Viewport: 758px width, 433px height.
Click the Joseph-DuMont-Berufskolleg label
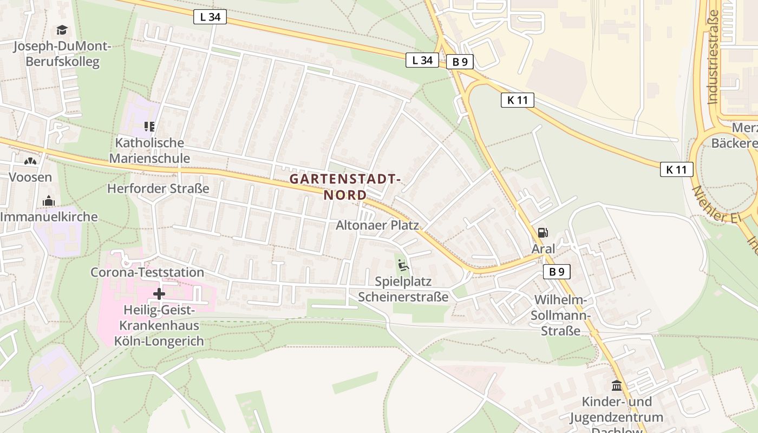62,54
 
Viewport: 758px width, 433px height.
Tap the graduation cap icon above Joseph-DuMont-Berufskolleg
62,30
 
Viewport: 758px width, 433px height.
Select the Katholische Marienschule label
149,150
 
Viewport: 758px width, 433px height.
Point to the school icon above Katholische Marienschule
149,127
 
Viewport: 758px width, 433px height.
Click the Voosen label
30,177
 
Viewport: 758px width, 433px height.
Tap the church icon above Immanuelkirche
49,201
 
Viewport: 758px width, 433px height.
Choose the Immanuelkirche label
49,217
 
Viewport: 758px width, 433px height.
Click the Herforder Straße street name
158,188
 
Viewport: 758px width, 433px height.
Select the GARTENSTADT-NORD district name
345,186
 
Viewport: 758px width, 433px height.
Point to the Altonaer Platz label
377,225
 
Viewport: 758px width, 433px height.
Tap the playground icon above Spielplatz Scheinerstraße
403,265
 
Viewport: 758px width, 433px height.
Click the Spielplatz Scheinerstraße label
403,289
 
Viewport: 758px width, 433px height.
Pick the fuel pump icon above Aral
543,233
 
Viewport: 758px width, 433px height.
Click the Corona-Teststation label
147,272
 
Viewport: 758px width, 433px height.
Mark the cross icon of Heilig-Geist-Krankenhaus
159,294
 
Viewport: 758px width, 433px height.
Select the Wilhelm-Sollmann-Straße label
560,315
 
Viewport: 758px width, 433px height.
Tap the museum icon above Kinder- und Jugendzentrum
616,386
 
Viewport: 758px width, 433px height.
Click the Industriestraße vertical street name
713,57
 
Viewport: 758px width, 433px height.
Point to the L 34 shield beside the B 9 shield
422,60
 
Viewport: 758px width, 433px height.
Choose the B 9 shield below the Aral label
557,272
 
